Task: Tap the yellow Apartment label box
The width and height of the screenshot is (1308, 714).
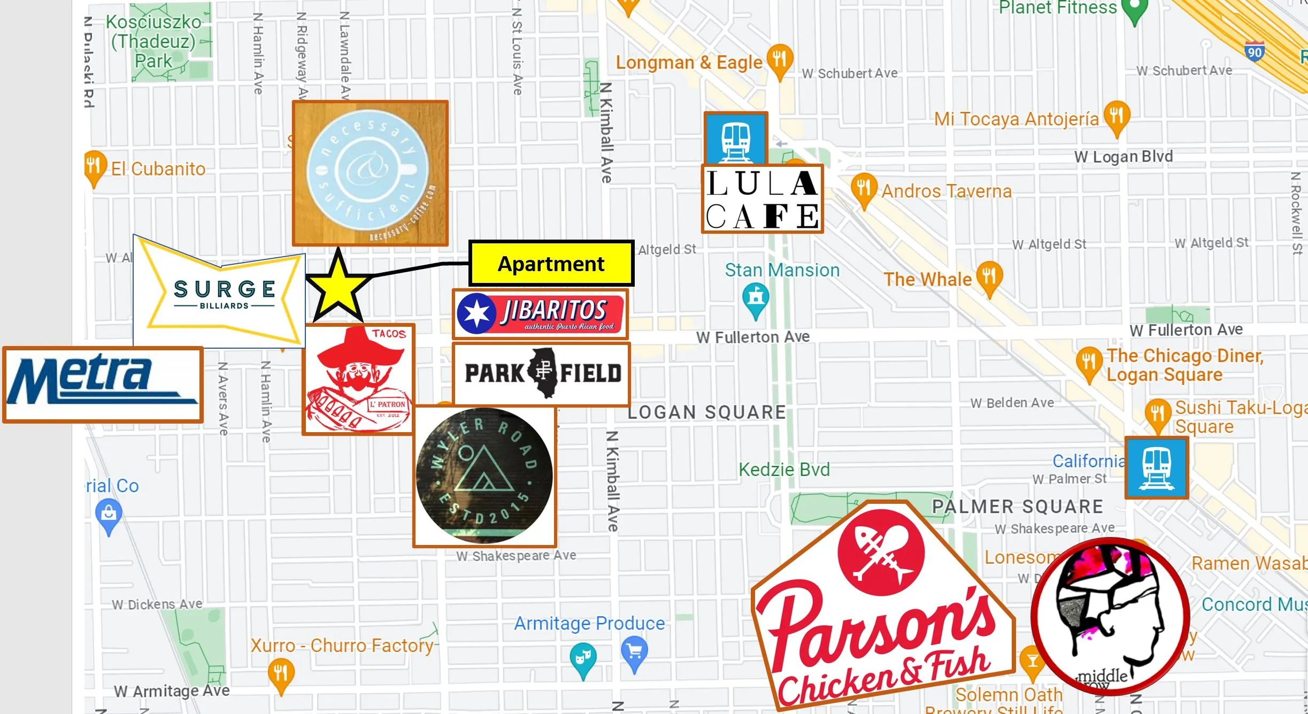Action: (551, 264)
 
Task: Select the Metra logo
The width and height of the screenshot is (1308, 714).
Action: (103, 385)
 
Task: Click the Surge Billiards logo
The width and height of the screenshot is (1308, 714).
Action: (224, 293)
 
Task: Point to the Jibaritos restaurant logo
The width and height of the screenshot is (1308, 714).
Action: (540, 314)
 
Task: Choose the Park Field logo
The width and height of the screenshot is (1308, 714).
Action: (541, 374)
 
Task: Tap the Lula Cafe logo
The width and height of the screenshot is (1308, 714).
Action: (762, 199)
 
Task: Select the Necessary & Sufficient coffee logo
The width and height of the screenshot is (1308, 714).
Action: (370, 173)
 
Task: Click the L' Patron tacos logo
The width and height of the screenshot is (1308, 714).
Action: (358, 379)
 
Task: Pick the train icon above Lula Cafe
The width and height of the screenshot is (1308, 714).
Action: (736, 139)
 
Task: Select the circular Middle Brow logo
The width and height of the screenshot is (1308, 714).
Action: (1110, 617)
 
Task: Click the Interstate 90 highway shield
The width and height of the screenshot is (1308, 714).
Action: (1255, 51)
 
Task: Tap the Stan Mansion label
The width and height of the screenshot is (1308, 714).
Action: (782, 270)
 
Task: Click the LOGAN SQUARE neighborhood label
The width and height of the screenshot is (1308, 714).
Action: (706, 412)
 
